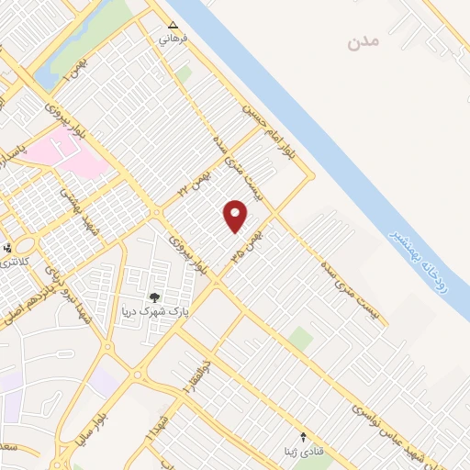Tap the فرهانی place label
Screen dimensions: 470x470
(172, 39)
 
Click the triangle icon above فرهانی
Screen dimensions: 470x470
(172, 25)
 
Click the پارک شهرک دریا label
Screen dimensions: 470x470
(154, 310)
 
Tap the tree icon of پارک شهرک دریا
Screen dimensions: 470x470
(154, 297)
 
